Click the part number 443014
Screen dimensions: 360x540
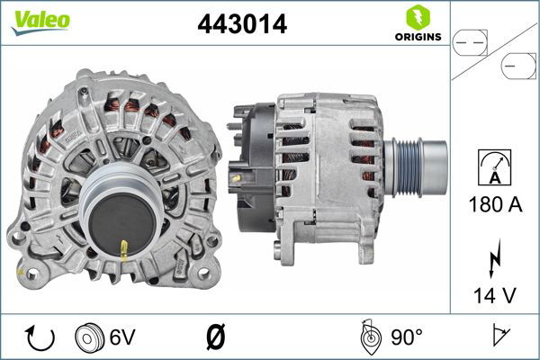pyautogui.click(x=242, y=24)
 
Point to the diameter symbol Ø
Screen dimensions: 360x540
pyautogui.click(x=215, y=338)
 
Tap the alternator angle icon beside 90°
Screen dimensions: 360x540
pyautogui.click(x=369, y=337)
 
